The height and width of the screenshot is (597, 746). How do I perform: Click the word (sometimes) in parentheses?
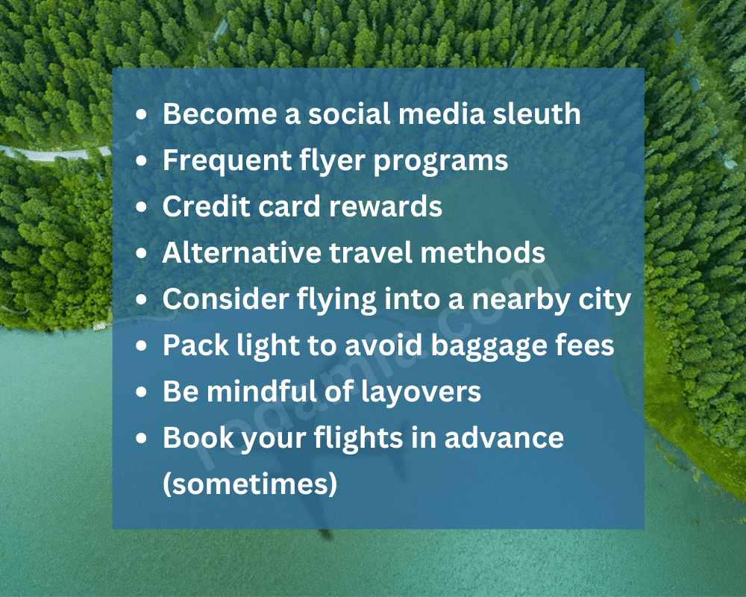pos(250,485)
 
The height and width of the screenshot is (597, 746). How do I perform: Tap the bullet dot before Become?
pos(142,115)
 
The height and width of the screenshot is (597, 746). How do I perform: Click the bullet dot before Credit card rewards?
pos(142,207)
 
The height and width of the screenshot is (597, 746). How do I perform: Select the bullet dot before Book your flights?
pos(142,439)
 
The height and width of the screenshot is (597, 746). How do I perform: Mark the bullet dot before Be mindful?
pos(142,393)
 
